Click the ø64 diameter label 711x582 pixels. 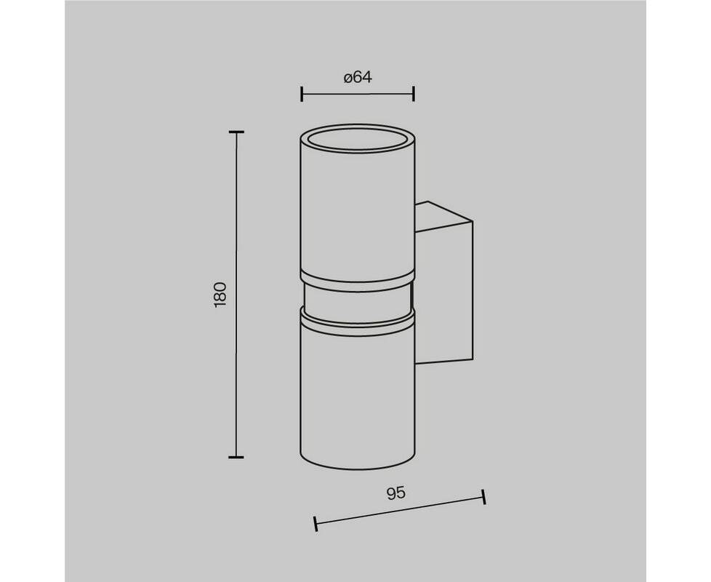pyautogui.click(x=358, y=78)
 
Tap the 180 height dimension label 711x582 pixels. pyautogui.click(x=220, y=295)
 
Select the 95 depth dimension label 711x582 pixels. pyautogui.click(x=396, y=493)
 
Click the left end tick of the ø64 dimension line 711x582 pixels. pyautogui.click(x=302, y=95)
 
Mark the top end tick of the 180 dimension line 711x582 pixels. pyautogui.click(x=236, y=132)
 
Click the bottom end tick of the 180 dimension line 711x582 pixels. pyautogui.click(x=236, y=458)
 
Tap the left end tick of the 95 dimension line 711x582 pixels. pyautogui.click(x=316, y=524)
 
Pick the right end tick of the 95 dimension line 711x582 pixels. pyautogui.click(x=484, y=497)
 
